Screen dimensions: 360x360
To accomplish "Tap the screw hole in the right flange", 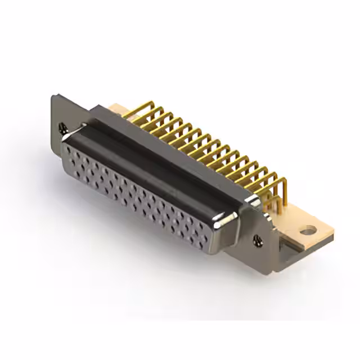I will click(x=258, y=240).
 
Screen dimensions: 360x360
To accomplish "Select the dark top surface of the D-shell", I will click(x=152, y=163).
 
